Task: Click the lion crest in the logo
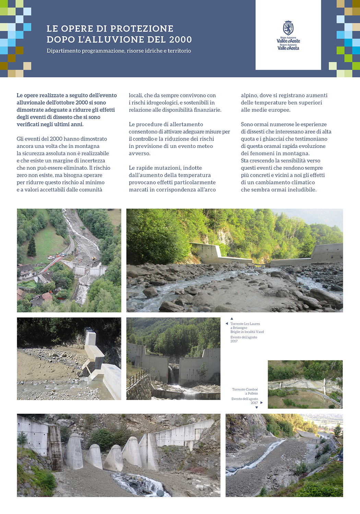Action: (288, 27)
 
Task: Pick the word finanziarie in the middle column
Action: (207, 110)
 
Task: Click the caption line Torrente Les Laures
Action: (245, 324)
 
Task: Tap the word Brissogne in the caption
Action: (240, 328)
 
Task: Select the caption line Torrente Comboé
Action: (245, 390)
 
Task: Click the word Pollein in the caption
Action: (253, 394)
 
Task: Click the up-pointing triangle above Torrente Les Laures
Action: (232, 319)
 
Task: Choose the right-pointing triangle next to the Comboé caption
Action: (262, 403)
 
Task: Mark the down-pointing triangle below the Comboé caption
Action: (256, 408)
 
